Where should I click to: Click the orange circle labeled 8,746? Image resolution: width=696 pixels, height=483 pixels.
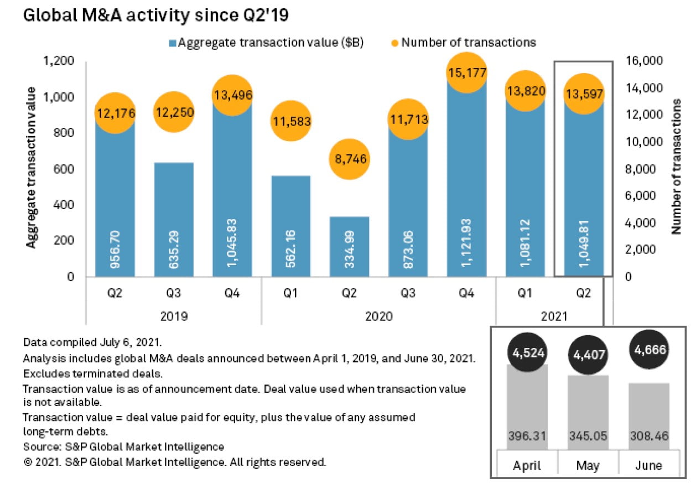pos(349,159)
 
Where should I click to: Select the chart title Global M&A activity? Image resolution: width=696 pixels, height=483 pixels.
pos(155,15)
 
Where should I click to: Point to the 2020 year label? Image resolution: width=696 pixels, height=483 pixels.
pos(378,316)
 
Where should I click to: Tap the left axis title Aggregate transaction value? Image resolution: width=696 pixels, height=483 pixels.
pos(32,168)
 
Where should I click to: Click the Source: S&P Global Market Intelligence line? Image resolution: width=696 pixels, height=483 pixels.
pos(123,446)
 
